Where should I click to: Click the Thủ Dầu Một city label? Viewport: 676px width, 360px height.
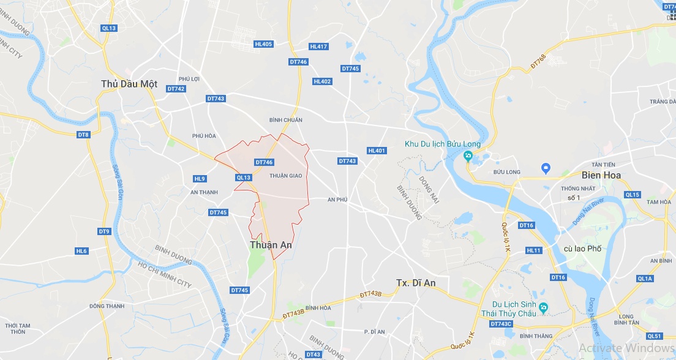tap(129, 84)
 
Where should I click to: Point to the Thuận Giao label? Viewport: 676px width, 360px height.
tap(286, 176)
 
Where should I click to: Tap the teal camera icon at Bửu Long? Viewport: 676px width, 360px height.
tap(468, 156)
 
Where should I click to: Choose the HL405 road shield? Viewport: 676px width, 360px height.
tap(263, 43)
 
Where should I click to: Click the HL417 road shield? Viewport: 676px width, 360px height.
tap(319, 47)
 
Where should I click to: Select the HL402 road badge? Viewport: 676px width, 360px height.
tap(322, 81)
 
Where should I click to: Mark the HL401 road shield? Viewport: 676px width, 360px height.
tap(377, 151)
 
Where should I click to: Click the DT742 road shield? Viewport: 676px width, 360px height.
tap(176, 89)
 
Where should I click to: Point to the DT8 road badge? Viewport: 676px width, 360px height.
tap(83, 134)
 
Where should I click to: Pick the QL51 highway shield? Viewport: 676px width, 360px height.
tap(655, 336)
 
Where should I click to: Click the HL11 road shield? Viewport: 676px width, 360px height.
tap(534, 250)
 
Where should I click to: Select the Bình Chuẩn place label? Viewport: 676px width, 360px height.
tap(286, 120)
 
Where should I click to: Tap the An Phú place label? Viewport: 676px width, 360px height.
tap(337, 200)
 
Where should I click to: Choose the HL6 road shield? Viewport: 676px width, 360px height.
tap(81, 251)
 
